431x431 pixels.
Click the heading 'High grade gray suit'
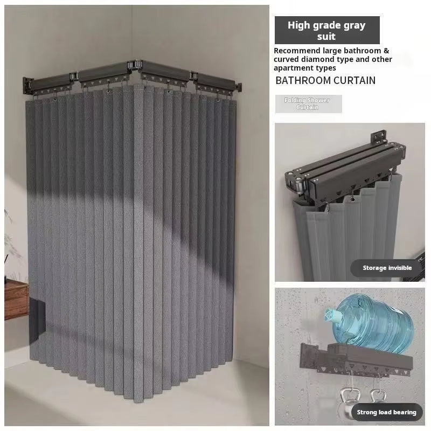[x=326, y=31]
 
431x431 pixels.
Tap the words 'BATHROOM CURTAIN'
[x=325, y=80]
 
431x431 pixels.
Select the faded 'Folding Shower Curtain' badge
[x=308, y=104]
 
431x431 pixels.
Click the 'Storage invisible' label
[x=387, y=268]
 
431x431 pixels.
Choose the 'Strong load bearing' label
[x=386, y=412]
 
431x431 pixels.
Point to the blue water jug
[x=370, y=323]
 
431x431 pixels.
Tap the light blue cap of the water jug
[x=331, y=314]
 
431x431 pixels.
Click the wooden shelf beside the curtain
[x=16, y=300]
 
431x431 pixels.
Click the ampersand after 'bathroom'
[x=386, y=51]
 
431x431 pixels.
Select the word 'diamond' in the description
[x=317, y=59]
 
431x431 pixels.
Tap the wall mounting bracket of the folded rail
[x=379, y=137]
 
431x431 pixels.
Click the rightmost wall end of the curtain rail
[x=239, y=87]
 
